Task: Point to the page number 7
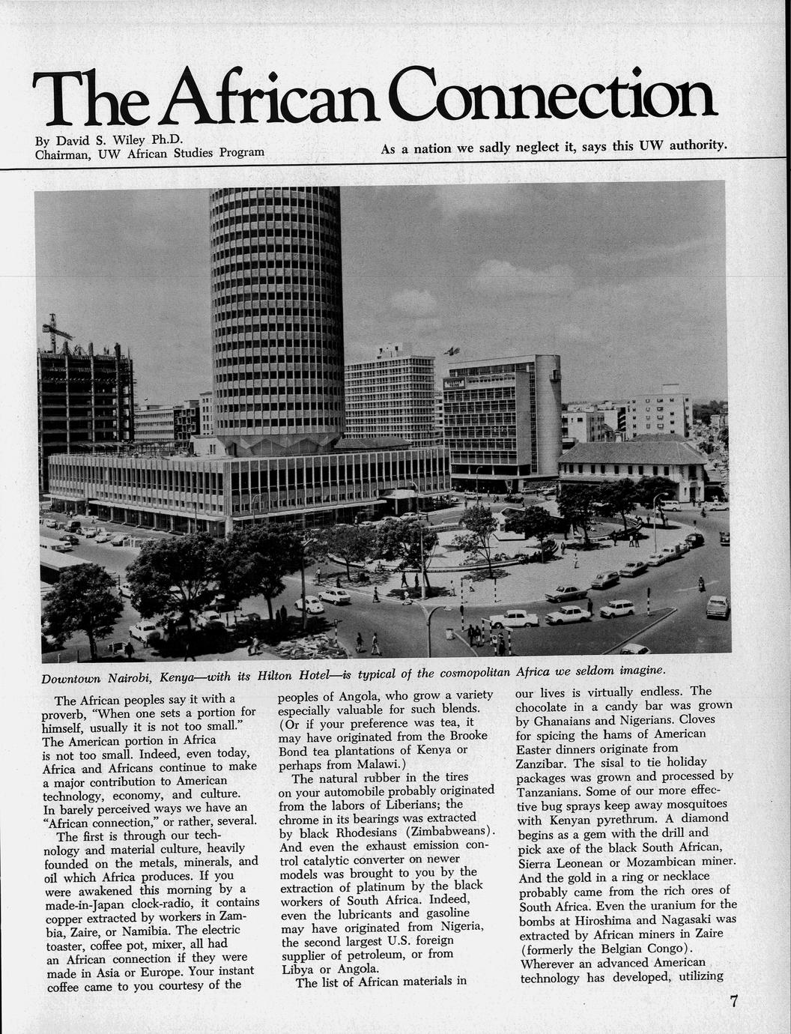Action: click(734, 1003)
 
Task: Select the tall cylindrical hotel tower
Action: click(276, 315)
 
